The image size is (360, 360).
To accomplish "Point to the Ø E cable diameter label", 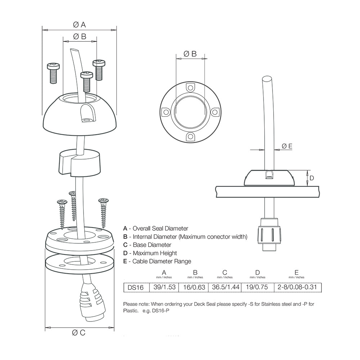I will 287,146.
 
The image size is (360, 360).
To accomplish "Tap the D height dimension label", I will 312,178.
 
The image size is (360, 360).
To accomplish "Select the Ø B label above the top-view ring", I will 190,54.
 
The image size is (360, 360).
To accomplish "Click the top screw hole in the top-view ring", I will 190,88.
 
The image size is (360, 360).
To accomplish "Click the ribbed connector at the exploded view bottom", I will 90,300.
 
